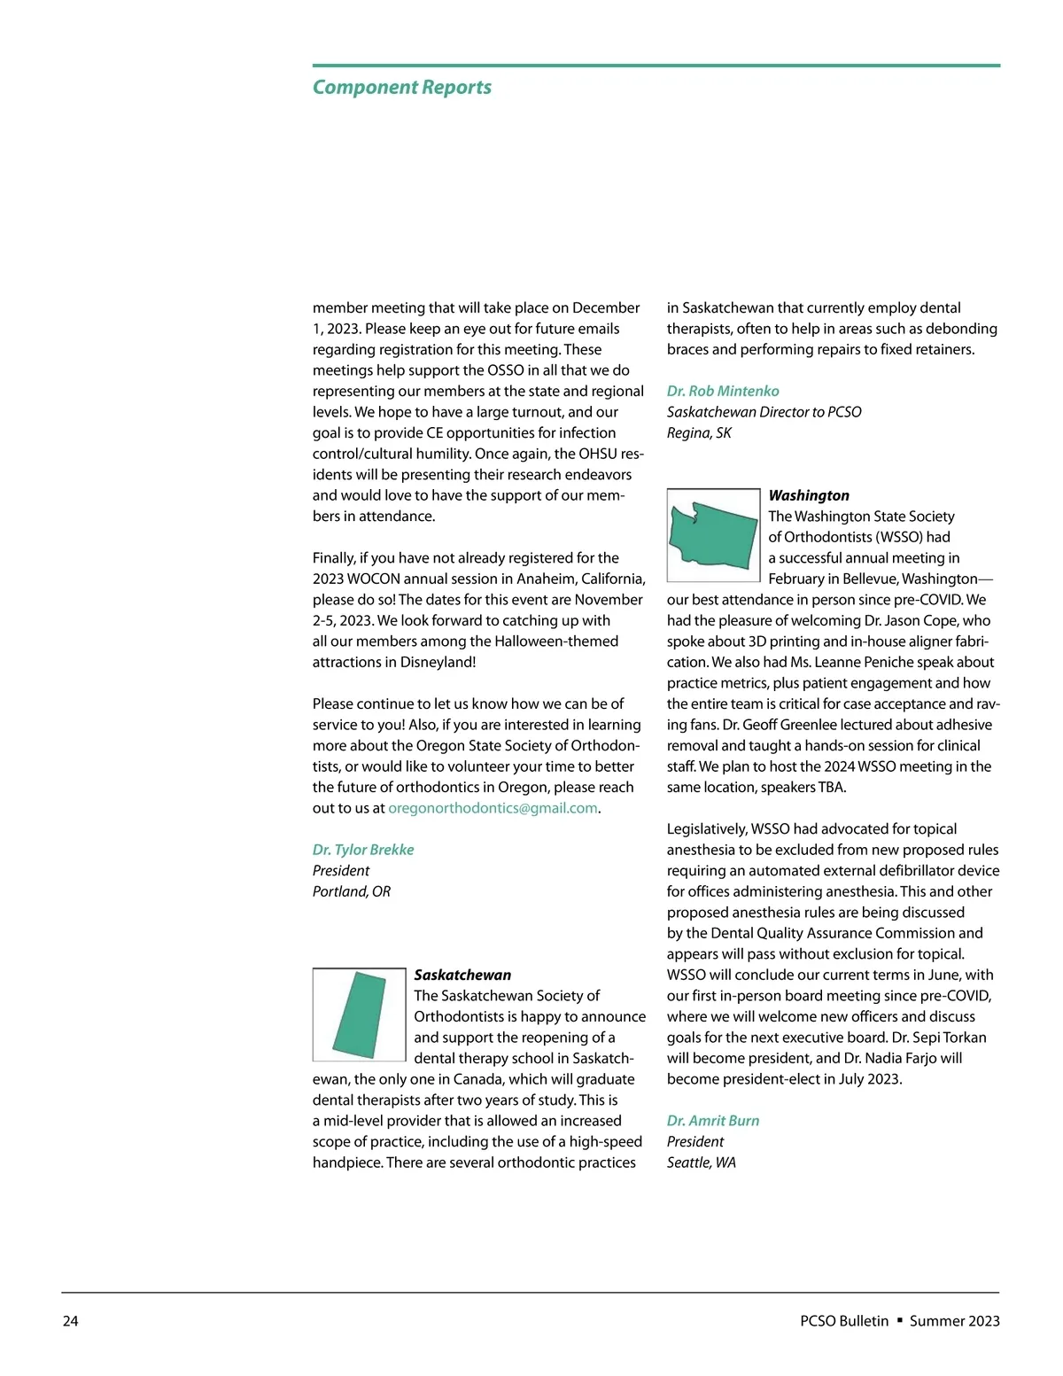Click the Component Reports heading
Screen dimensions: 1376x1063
click(x=401, y=87)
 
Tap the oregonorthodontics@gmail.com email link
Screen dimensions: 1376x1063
click(x=493, y=808)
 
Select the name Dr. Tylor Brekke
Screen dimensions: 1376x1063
click(x=363, y=850)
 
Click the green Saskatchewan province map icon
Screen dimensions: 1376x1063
click(x=360, y=1015)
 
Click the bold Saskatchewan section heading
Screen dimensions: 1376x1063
click(x=462, y=975)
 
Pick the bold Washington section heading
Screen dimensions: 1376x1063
click(x=809, y=495)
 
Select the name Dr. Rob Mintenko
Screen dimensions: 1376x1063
click(x=723, y=391)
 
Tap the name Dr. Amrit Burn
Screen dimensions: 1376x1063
click(x=713, y=1121)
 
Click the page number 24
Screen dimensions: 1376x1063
click(x=70, y=1321)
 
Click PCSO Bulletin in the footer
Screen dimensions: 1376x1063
click(x=843, y=1321)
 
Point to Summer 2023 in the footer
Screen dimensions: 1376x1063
click(x=954, y=1321)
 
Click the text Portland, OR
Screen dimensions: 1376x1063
click(x=352, y=891)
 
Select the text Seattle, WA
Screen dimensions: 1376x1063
click(x=702, y=1162)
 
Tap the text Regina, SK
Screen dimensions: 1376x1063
click(x=699, y=432)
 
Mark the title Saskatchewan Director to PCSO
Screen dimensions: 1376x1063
click(x=764, y=412)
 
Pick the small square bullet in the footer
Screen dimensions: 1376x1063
click(x=899, y=1320)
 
